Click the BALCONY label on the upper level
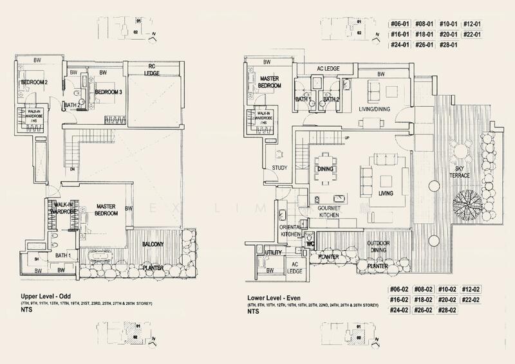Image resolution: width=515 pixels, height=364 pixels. click(154, 244)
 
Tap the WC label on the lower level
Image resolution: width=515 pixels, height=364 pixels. click(310, 245)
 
